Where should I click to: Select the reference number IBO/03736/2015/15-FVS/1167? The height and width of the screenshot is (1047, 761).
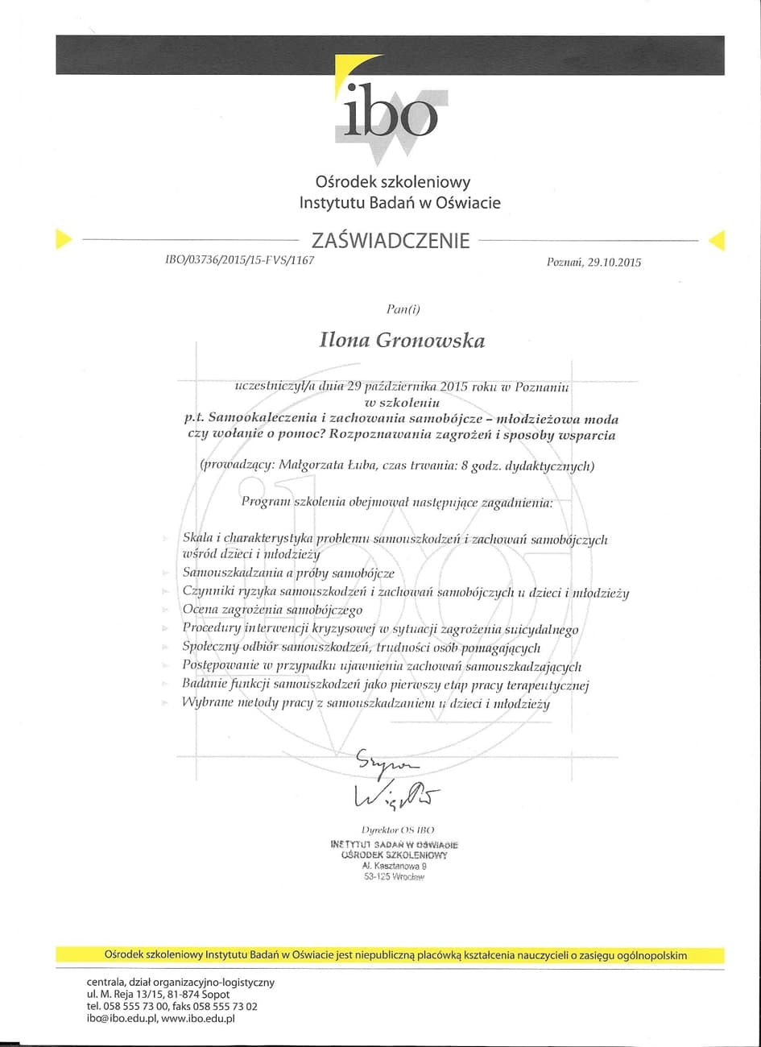pyautogui.click(x=239, y=260)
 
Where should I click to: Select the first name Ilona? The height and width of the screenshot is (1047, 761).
pyautogui.click(x=345, y=341)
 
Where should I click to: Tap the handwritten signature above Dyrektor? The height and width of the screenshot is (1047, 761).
pyautogui.click(x=395, y=780)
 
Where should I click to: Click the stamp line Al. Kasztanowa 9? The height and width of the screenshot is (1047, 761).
pyautogui.click(x=394, y=866)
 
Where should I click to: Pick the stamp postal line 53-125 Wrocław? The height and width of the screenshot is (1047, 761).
pyautogui.click(x=394, y=877)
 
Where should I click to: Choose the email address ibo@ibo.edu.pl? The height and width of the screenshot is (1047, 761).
pyautogui.click(x=121, y=1019)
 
